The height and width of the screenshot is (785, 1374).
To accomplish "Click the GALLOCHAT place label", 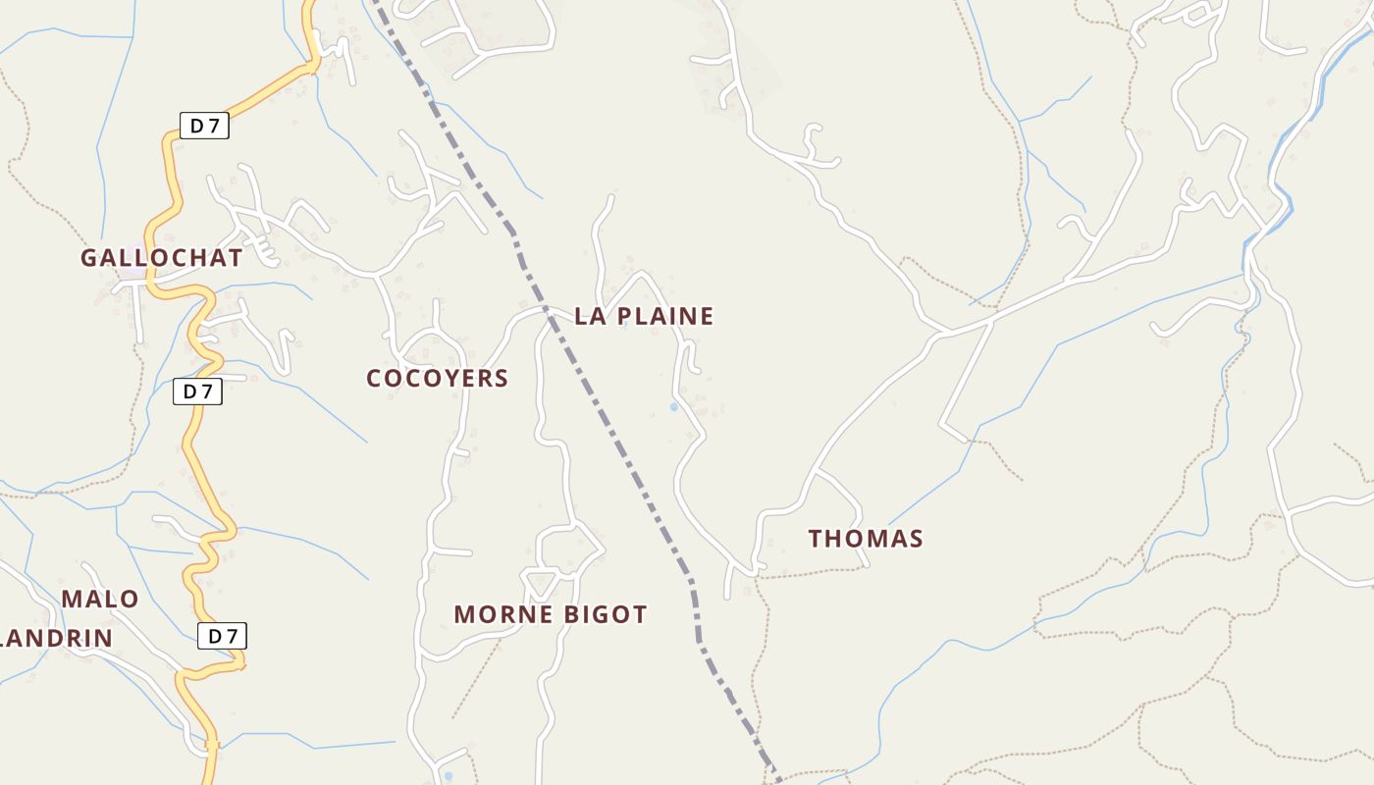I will click(x=161, y=258).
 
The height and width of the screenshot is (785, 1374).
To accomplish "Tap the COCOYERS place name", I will click(x=437, y=378).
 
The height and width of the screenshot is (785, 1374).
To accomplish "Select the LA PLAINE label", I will click(x=644, y=316).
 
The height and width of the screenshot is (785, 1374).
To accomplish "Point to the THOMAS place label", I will click(x=866, y=539).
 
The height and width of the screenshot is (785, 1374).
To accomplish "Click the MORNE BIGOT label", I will click(x=550, y=615).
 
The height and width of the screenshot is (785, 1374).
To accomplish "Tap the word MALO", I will click(x=100, y=599).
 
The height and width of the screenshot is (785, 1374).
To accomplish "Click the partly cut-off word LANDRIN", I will click(x=56, y=639).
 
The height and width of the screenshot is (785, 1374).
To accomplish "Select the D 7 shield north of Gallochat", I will click(x=204, y=126).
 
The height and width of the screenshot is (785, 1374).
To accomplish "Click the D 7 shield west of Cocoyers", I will click(x=198, y=392).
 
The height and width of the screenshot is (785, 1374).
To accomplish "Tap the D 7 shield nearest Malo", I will click(x=222, y=636).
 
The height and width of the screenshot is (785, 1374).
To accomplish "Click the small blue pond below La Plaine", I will click(x=674, y=406).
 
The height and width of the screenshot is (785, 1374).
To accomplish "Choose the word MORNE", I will click(x=495, y=615).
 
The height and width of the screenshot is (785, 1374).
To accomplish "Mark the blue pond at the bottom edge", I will click(x=449, y=776).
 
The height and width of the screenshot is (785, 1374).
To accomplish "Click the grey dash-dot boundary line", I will click(x=608, y=432).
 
